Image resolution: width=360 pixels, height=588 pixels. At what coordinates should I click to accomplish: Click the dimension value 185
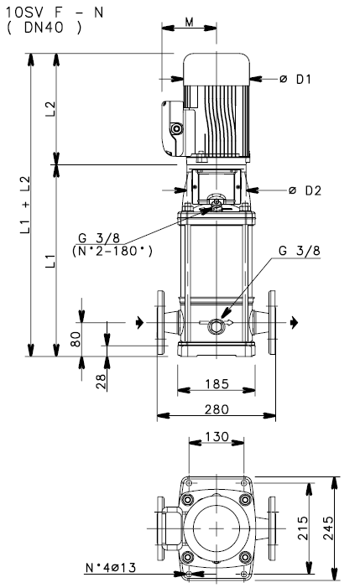[217, 384]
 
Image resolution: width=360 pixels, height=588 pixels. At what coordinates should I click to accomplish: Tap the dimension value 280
[217, 408]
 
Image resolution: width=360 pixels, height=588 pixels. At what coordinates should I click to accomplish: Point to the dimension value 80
[75, 340]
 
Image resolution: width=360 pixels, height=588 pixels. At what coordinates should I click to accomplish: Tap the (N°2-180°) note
[112, 251]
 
